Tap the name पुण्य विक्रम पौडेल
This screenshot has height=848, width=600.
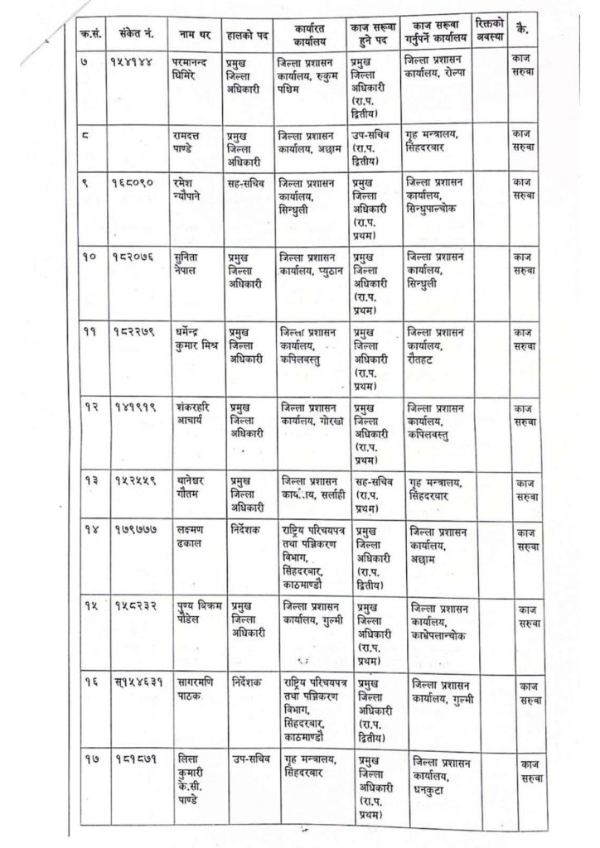tap(196, 613)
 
